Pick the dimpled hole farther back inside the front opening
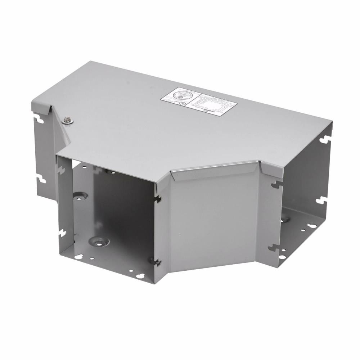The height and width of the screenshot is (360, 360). pos(79,197)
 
